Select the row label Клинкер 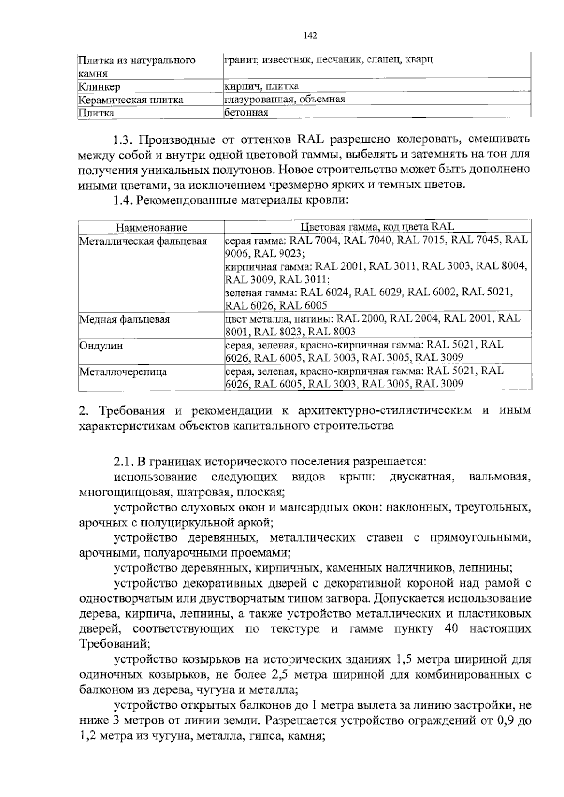(x=100, y=87)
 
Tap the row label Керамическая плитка (x=131, y=100)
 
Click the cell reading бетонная (x=246, y=113)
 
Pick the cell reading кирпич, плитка (x=262, y=86)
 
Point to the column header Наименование (x=151, y=228)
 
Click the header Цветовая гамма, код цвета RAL (x=377, y=227)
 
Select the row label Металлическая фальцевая (x=143, y=241)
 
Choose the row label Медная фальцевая (x=125, y=320)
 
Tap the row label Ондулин (x=101, y=346)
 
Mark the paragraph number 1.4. (x=123, y=201)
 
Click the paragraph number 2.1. (x=123, y=463)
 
